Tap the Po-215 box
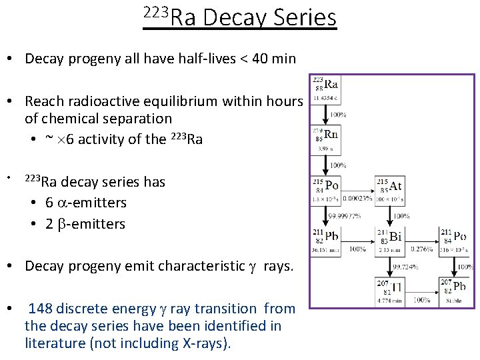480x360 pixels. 325,189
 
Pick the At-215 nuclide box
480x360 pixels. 391,189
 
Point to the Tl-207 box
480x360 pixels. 391,291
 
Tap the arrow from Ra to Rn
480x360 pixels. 325,114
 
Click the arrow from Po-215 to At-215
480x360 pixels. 359,186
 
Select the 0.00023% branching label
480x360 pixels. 359,197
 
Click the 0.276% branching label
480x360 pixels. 421,249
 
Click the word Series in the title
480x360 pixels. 304,17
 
